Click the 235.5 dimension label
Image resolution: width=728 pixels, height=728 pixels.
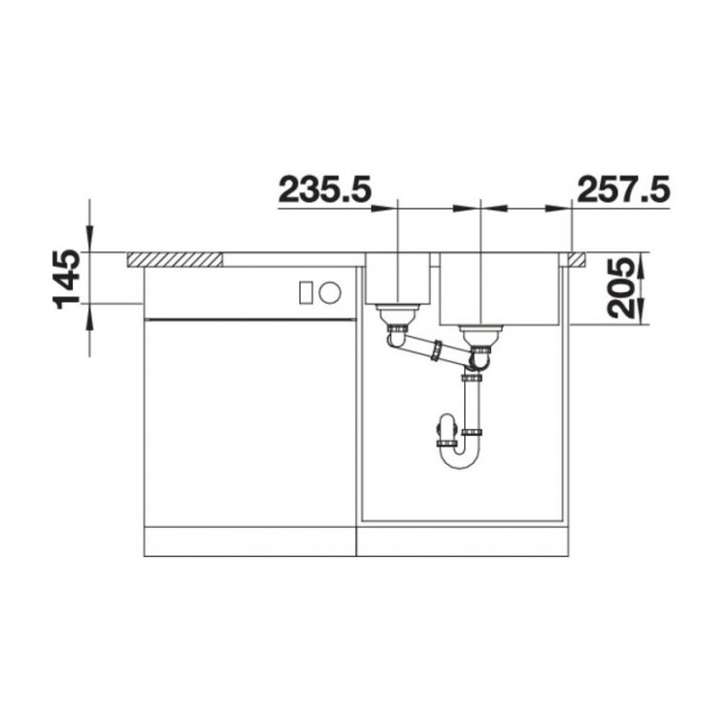pyautogui.click(x=325, y=189)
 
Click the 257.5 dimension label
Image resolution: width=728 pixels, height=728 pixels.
pyautogui.click(x=623, y=189)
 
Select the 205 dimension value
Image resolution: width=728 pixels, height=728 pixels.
pyautogui.click(x=622, y=288)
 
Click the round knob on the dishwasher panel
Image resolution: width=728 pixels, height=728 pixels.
pyautogui.click(x=330, y=292)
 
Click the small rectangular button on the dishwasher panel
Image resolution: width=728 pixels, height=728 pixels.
pyautogui.click(x=306, y=292)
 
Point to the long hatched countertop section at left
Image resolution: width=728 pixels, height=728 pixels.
pyautogui.click(x=175, y=260)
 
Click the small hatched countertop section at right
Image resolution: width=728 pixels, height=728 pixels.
pyautogui.click(x=578, y=260)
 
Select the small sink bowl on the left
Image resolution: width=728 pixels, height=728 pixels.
pyautogui.click(x=398, y=278)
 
